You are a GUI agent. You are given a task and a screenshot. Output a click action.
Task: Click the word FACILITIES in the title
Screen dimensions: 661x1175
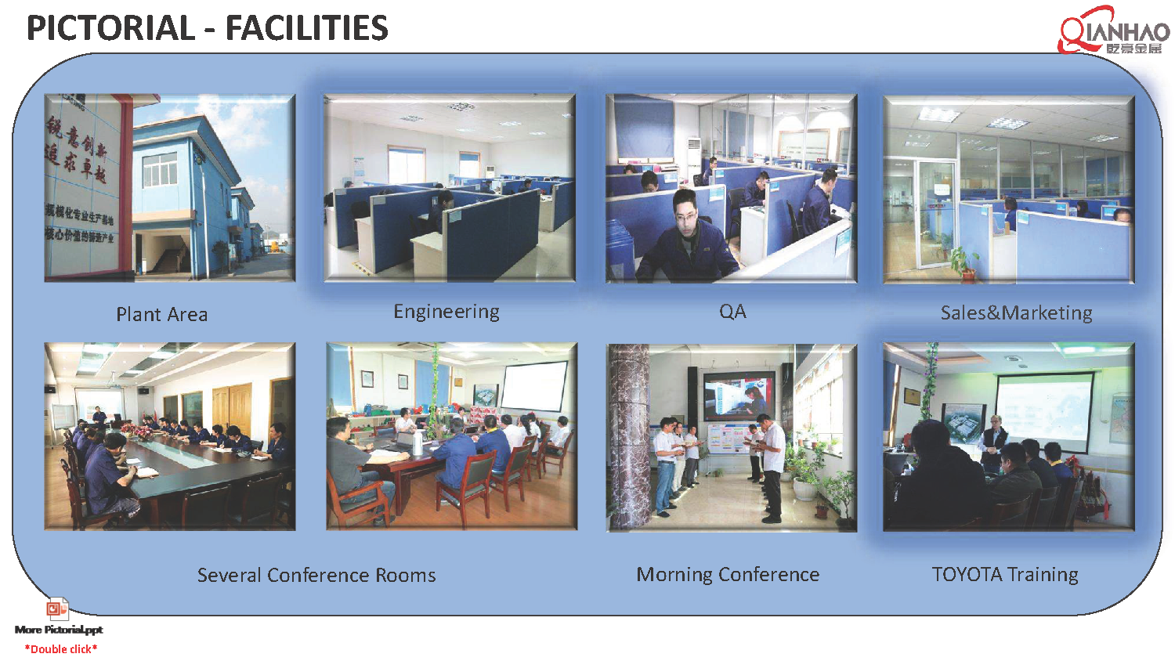pos(306,28)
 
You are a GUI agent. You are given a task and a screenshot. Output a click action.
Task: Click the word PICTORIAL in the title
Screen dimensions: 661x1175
pos(110,28)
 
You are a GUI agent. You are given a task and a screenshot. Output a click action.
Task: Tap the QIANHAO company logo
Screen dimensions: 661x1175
pos(1113,31)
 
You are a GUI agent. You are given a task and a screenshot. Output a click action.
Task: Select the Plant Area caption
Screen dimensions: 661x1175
pos(161,315)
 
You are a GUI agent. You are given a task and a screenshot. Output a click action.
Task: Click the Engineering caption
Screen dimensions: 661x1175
pos(446,312)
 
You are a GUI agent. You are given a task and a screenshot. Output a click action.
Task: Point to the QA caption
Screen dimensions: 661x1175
pos(732,312)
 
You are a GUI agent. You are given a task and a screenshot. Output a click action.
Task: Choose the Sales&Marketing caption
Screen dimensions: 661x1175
pos(1016,313)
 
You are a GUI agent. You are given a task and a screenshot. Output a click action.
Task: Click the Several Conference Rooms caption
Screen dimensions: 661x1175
pos(316,576)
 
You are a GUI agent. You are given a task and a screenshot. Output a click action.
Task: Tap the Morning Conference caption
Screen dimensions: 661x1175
pos(728,575)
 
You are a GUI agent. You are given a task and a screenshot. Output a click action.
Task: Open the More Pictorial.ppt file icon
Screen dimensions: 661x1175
pos(57,609)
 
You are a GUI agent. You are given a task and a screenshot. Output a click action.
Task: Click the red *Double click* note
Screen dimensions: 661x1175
pos(61,649)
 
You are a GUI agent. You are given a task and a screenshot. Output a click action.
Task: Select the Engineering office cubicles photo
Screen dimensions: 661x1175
pos(450,188)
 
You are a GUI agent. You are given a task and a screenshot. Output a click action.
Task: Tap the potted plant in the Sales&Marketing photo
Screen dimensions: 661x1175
pos(965,262)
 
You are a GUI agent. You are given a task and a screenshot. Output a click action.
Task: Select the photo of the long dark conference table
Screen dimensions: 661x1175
pos(170,436)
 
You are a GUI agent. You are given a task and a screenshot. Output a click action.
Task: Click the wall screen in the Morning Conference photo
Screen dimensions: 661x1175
pos(737,394)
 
